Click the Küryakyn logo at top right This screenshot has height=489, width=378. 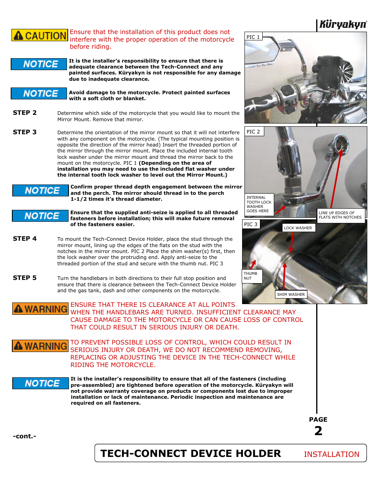343,25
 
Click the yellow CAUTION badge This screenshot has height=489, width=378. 40,35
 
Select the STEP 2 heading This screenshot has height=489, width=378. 25,113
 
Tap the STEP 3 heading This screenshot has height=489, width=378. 25,132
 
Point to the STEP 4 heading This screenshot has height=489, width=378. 25,239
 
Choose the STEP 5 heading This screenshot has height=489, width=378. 25,278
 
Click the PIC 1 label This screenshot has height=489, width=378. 253,37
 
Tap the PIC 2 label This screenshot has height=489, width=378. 254,132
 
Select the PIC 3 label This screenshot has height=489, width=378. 251,225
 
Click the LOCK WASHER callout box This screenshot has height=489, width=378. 298,228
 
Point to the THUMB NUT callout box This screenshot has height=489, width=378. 252,276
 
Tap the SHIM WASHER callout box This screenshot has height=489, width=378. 291,295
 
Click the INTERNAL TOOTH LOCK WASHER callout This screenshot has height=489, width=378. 259,204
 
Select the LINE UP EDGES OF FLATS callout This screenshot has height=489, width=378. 340,215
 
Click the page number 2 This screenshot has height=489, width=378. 318,431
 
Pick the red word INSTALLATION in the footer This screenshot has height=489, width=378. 332,455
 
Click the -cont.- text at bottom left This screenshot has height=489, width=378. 25,436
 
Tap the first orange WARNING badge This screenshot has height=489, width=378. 40,309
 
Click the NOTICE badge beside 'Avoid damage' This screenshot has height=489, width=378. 39,93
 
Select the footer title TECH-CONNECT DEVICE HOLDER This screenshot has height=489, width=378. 191,454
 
